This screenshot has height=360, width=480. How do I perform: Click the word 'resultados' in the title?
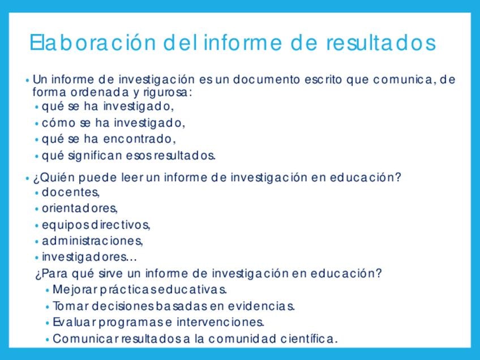tap(381, 42)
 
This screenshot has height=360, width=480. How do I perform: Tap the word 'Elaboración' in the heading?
tap(93, 42)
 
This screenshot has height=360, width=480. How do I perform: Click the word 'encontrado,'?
tap(140, 139)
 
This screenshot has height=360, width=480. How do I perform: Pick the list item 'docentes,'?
tap(71, 192)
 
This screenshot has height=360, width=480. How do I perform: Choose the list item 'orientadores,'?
tap(80, 208)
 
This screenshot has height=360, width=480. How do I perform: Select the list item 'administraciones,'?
tap(92, 241)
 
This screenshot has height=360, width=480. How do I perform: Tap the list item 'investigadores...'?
tap(89, 257)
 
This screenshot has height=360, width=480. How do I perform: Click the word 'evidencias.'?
tap(262, 306)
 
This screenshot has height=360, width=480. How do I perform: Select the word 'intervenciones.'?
tap(220, 322)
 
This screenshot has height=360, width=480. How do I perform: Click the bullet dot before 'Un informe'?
tap(28, 80)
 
